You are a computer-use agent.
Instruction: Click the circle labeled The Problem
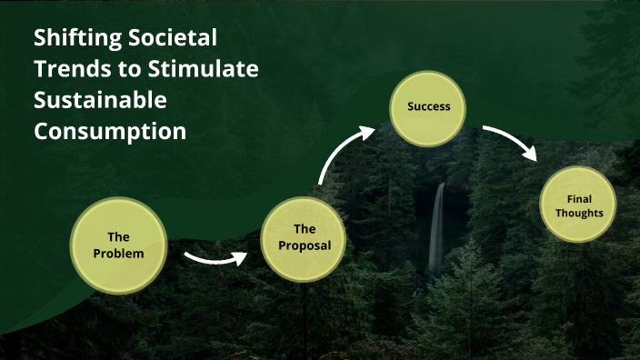pos(118,245)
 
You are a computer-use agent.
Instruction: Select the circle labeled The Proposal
pos(304,237)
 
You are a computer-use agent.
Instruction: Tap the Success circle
pos(429,106)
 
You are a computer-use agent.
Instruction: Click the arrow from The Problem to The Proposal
pos(215,261)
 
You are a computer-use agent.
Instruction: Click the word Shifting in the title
pos(75,39)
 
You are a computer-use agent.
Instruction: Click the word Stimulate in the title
pos(205,70)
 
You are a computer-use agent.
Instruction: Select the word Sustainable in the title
pos(100,100)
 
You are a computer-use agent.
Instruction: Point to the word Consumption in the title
pos(110,131)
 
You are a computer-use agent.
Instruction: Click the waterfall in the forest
pos(437,227)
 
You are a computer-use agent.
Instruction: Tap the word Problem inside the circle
pos(118,254)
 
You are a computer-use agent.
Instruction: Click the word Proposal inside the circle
pos(304,245)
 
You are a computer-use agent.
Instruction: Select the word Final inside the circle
pos(578,198)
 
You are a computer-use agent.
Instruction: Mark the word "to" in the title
pos(134,70)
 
